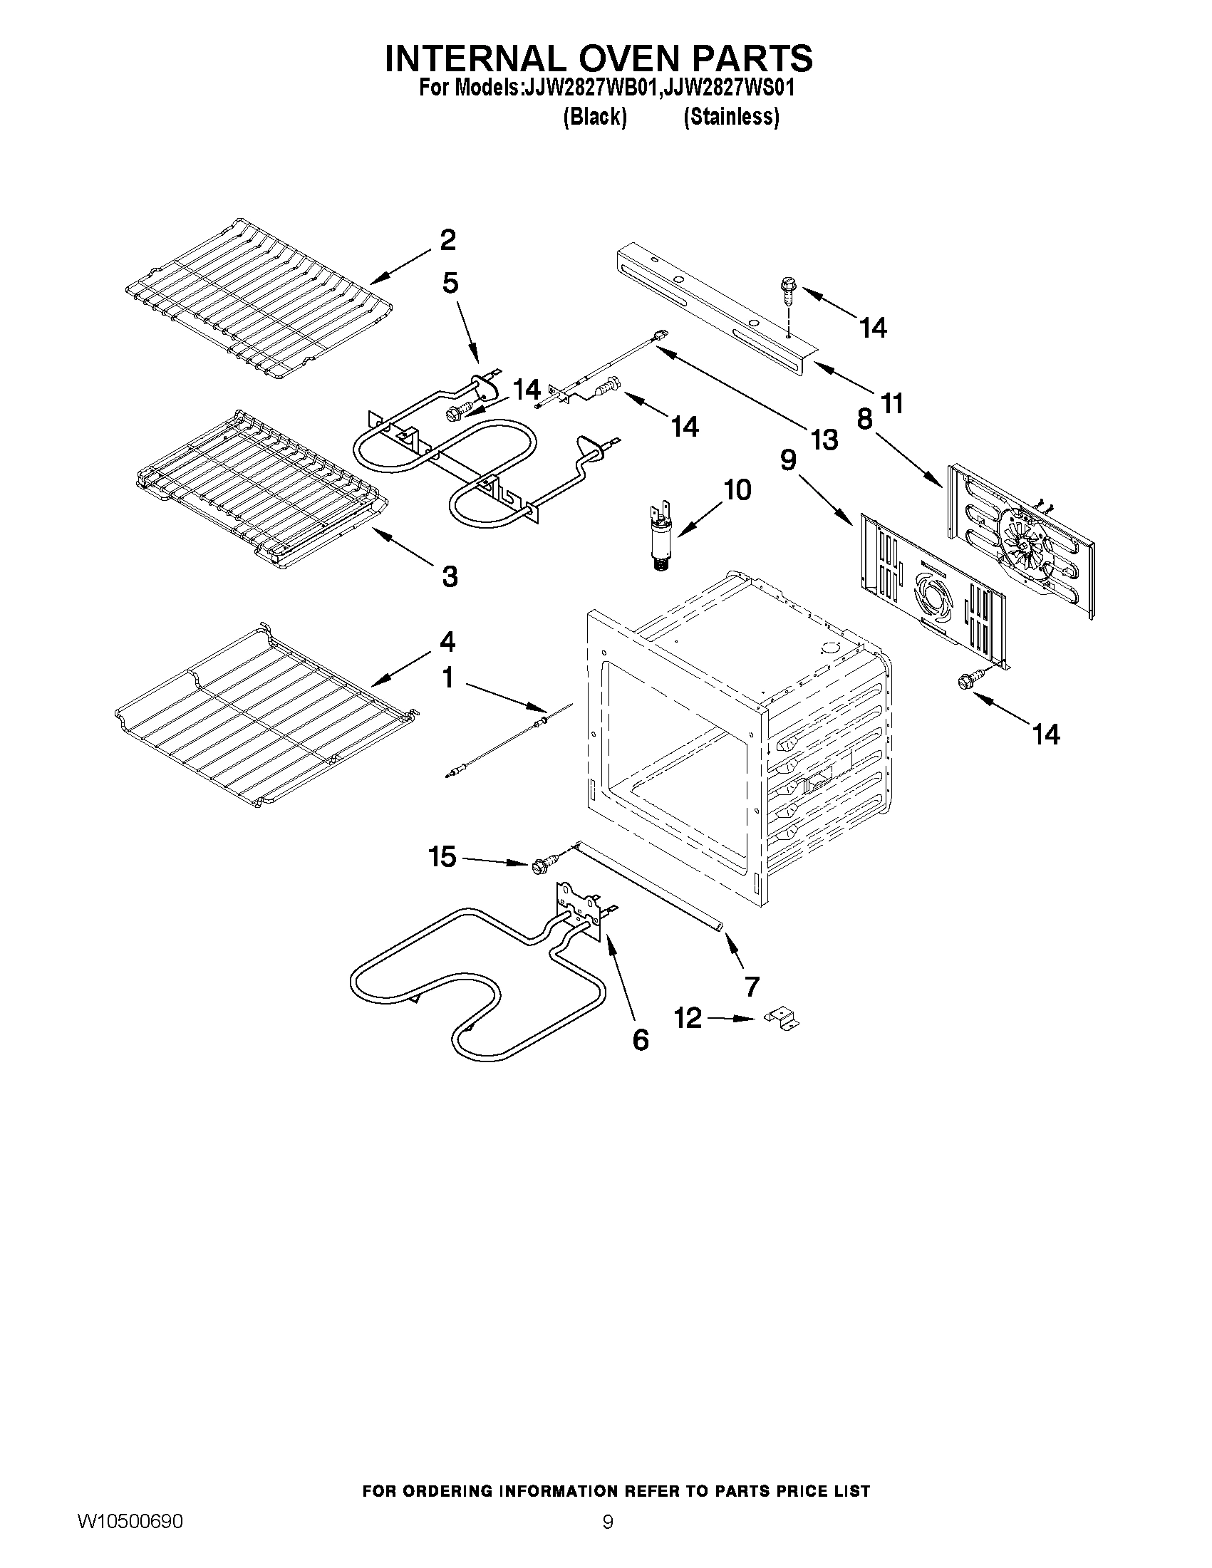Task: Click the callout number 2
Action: tap(447, 241)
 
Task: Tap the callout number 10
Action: tap(737, 490)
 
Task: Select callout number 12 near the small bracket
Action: tap(688, 1017)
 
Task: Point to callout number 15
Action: tap(442, 856)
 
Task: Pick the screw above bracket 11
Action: tap(787, 291)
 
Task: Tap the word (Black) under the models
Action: tap(594, 117)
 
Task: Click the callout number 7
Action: tap(752, 987)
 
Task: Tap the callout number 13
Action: tap(824, 440)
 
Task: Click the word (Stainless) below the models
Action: tap(731, 117)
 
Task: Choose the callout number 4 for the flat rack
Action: tap(447, 641)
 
